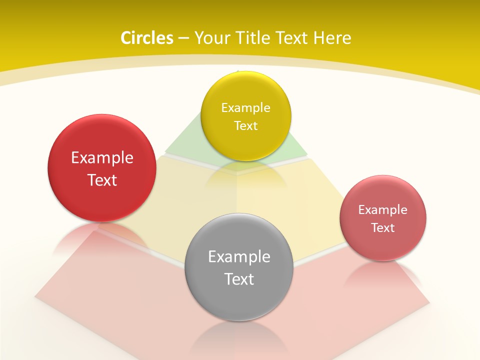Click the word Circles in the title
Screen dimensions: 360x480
(x=147, y=38)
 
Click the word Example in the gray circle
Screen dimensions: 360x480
(x=239, y=257)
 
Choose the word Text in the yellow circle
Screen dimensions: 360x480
(x=245, y=126)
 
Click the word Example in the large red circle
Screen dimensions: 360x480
(x=102, y=158)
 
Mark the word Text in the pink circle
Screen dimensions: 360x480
(x=383, y=228)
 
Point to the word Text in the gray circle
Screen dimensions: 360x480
(x=239, y=279)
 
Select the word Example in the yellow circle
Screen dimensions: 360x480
(x=245, y=108)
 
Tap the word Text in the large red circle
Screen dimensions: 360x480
(x=102, y=180)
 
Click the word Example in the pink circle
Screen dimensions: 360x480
(x=383, y=210)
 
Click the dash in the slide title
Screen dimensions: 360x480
(x=183, y=38)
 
